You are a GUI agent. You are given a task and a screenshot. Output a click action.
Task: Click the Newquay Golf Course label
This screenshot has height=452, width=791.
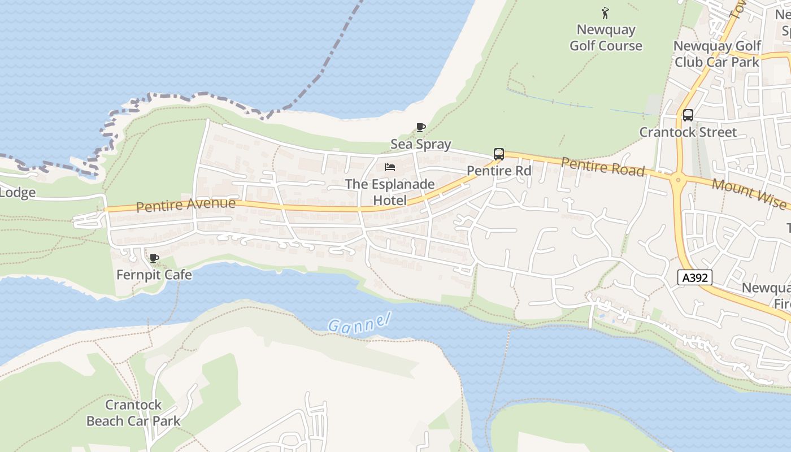[606, 38]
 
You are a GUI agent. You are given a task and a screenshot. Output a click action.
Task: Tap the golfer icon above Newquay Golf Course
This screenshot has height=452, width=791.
[606, 12]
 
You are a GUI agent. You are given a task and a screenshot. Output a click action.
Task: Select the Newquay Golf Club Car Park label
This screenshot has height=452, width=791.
[717, 54]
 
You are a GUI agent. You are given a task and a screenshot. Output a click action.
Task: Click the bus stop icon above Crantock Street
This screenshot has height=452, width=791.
[688, 115]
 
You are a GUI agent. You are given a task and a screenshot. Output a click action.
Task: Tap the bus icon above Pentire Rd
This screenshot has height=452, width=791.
[498, 154]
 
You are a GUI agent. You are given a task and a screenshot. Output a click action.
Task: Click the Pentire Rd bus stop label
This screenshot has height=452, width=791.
[499, 171]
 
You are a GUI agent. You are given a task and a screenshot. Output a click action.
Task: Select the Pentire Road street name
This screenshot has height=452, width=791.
[602, 167]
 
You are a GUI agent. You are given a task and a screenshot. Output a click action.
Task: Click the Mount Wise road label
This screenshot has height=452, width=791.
[748, 193]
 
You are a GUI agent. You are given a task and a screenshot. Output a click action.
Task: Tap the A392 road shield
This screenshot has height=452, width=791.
[694, 277]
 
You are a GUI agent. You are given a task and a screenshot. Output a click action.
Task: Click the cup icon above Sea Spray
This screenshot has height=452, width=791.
[420, 128]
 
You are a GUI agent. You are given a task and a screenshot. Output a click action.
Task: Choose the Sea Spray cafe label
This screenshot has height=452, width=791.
[420, 144]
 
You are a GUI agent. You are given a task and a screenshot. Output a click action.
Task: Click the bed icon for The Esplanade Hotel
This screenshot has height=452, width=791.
[389, 167]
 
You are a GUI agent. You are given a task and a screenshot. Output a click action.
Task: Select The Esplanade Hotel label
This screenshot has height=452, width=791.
[390, 192]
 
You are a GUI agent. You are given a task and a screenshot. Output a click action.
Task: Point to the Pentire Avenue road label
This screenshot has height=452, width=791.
[185, 205]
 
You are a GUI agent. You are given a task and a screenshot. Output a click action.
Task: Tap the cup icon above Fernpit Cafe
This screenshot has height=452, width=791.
[154, 259]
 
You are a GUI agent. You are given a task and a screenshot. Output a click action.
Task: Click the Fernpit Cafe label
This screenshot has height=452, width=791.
[154, 275]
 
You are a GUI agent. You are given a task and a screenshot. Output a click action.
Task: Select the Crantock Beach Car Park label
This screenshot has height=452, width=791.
[133, 413]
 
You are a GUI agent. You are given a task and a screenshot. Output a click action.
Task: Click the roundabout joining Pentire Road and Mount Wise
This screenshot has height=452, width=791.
[677, 181]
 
